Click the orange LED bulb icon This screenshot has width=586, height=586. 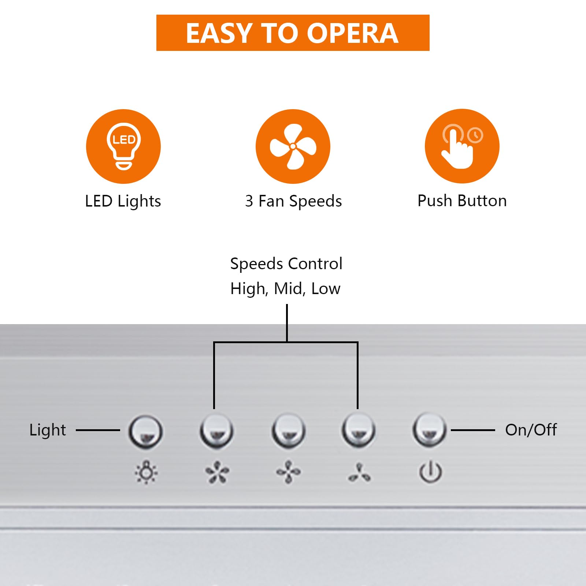tap(123, 146)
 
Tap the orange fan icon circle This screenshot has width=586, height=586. tap(293, 146)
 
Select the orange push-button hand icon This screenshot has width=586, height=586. tap(462, 146)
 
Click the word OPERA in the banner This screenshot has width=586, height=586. tap(352, 33)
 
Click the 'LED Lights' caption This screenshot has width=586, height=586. tap(123, 201)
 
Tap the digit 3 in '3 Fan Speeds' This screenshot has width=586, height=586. tap(249, 201)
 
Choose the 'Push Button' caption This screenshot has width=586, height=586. tap(462, 201)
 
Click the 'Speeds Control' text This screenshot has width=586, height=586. tap(286, 264)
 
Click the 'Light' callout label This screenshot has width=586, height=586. tap(48, 430)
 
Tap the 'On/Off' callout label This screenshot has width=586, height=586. tap(531, 430)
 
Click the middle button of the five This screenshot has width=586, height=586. tap(289, 431)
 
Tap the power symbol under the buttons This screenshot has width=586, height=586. tap(430, 472)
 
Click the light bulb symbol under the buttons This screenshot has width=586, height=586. tap(146, 472)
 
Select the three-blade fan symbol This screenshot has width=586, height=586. tap(359, 473)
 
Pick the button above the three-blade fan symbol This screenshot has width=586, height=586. tap(358, 430)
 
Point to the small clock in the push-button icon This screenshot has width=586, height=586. tap(475, 135)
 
